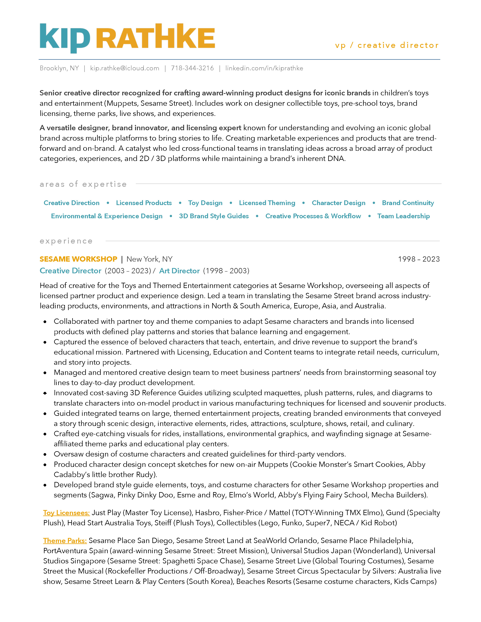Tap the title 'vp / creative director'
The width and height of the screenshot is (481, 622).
pyautogui.click(x=387, y=45)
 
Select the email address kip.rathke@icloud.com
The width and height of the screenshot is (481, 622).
pyautogui.click(x=124, y=68)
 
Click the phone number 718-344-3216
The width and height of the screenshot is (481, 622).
pyautogui.click(x=192, y=68)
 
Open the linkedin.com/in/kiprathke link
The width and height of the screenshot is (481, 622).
pyautogui.click(x=264, y=68)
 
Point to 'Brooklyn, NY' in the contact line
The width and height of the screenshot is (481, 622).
pyautogui.click(x=59, y=68)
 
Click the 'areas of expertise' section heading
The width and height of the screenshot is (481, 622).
pyautogui.click(x=83, y=184)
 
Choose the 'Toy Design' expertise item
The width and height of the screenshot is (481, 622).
pyautogui.click(x=205, y=203)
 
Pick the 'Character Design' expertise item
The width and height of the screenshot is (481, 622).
pyautogui.click(x=339, y=203)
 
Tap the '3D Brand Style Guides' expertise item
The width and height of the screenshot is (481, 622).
pyautogui.click(x=214, y=216)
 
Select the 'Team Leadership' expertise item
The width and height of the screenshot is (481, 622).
pyautogui.click(x=403, y=216)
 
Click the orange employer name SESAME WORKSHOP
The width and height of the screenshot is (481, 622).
pyautogui.click(x=78, y=259)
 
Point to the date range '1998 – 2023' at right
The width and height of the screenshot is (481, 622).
pyautogui.click(x=419, y=259)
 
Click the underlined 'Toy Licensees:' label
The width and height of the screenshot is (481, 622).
pyautogui.click(x=66, y=513)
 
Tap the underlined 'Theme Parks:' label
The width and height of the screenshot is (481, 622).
pyautogui.click(x=65, y=541)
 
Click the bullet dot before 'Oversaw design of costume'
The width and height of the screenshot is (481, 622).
pyautogui.click(x=45, y=455)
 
